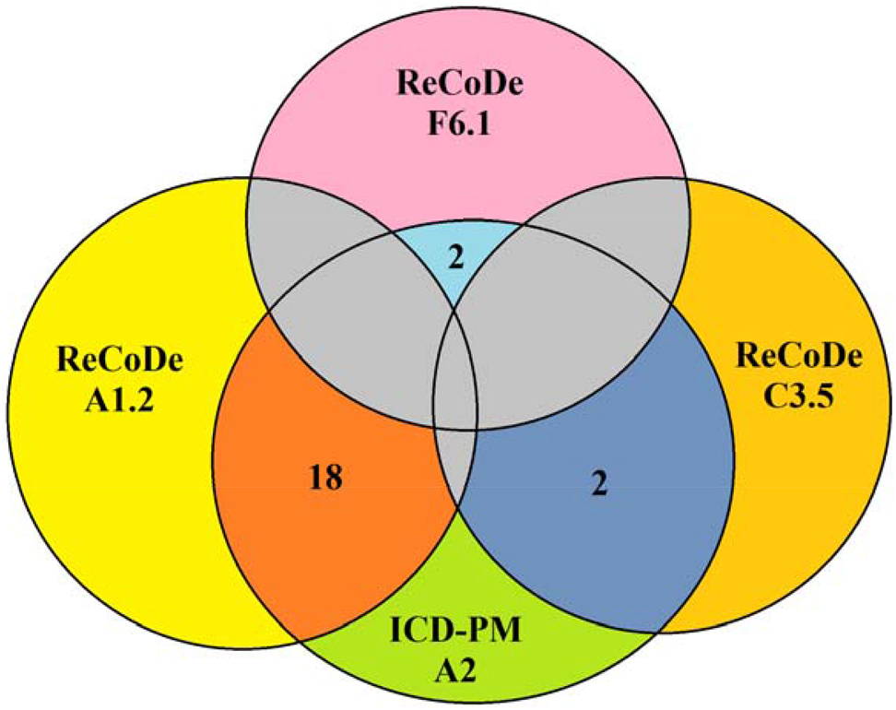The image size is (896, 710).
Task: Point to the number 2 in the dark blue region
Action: tap(597, 480)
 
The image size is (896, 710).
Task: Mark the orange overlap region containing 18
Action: tap(304, 535)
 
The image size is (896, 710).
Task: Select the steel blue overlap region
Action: tap(590, 553)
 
